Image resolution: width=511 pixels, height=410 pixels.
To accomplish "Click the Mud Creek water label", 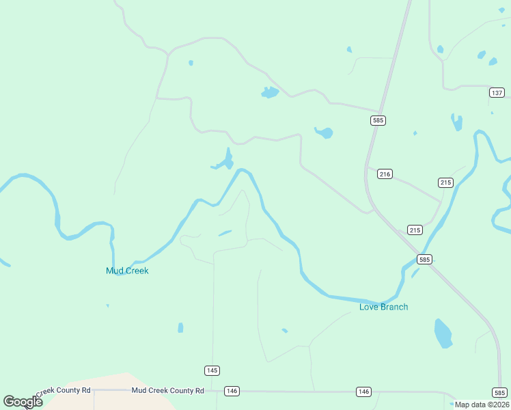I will coord(127,271).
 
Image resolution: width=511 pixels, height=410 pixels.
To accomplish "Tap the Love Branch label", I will coord(384,307).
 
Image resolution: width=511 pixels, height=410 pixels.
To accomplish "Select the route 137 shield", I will coord(497,92).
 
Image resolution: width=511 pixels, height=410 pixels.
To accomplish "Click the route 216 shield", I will coord(385,174).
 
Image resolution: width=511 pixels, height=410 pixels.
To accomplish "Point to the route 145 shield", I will coord(212,370).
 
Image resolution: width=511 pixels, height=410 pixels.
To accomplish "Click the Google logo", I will coord(23,402).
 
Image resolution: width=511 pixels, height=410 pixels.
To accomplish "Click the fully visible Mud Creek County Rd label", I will coord(167,391).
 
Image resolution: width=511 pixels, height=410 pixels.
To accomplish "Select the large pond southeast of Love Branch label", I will coord(443,333).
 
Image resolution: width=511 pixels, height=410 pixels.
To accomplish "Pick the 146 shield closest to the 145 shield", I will coord(232,391).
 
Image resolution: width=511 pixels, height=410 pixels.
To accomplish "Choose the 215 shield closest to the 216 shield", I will coord(445,182).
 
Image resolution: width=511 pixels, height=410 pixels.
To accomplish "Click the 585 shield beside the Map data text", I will coord(499,392).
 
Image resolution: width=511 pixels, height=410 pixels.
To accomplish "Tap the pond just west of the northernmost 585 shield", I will coord(324,133).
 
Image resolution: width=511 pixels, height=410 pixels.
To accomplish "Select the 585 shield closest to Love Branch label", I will coord(425,260).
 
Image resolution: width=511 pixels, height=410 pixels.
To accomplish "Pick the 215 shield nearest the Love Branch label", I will coord(415,230).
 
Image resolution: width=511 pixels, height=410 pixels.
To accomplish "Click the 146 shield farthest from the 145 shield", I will coord(363,391).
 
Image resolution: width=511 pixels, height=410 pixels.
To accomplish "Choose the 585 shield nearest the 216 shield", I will coord(378,120).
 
